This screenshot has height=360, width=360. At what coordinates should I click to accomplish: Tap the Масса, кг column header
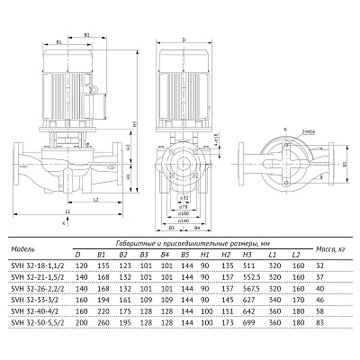coord(330,247)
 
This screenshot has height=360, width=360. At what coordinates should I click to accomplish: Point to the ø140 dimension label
coord(184,220)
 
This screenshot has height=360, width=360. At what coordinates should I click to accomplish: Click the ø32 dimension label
coord(184,195)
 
